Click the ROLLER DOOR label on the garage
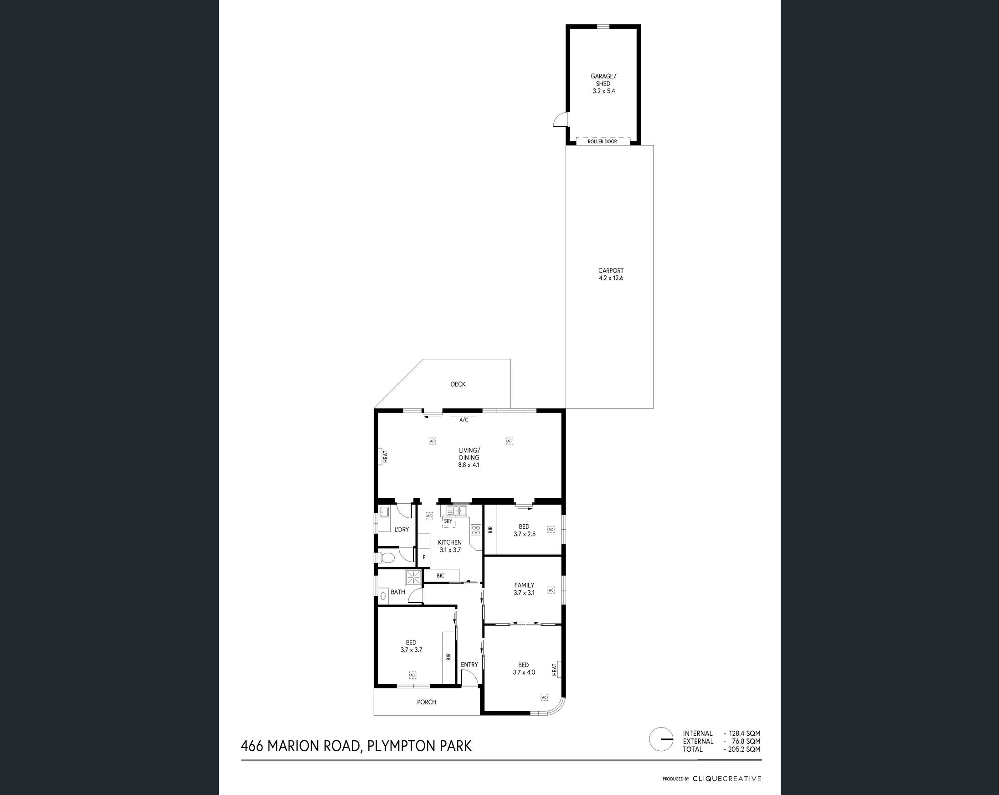point(602,141)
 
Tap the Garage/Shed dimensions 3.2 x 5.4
point(603,91)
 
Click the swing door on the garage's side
point(560,120)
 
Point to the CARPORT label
point(610,271)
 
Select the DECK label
point(458,384)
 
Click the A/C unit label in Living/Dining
point(463,419)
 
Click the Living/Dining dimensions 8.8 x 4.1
point(469,465)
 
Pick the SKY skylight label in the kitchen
point(448,521)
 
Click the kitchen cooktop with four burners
point(475,530)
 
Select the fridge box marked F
point(423,557)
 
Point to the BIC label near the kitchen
point(440,576)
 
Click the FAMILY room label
point(524,585)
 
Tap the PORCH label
point(426,702)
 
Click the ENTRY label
point(469,665)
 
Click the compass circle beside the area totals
point(661,739)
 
